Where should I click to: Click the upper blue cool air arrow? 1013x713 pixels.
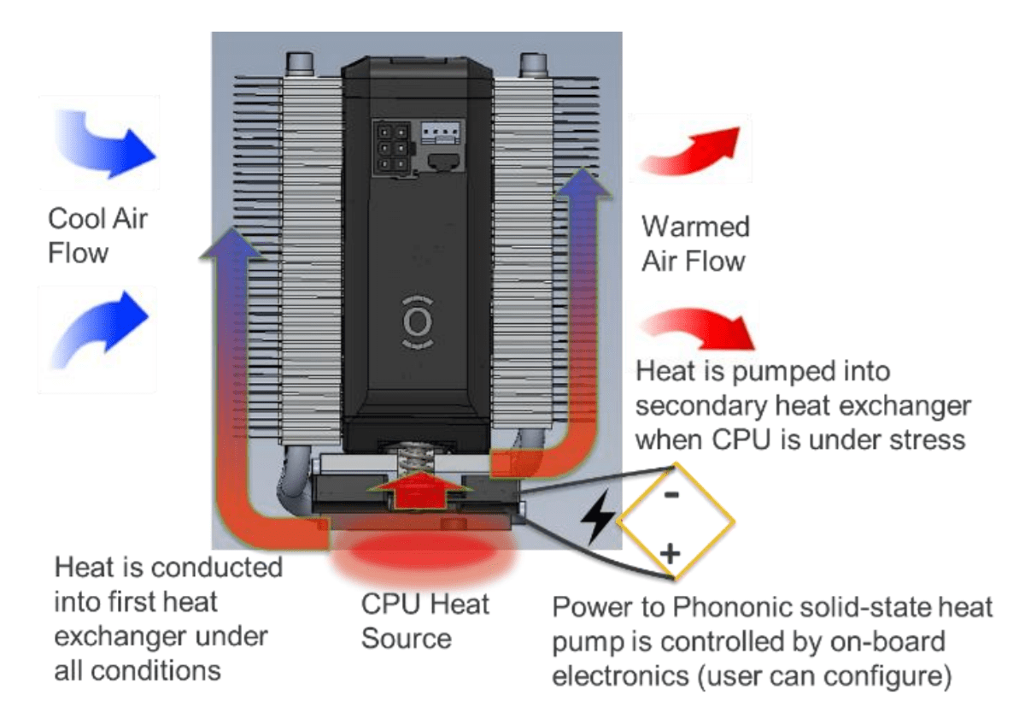[x=107, y=143]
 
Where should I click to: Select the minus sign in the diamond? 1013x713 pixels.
[x=671, y=493]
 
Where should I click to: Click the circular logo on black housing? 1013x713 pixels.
[x=417, y=321]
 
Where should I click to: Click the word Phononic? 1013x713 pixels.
[x=711, y=609]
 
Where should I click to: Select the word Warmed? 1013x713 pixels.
[x=695, y=227]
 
